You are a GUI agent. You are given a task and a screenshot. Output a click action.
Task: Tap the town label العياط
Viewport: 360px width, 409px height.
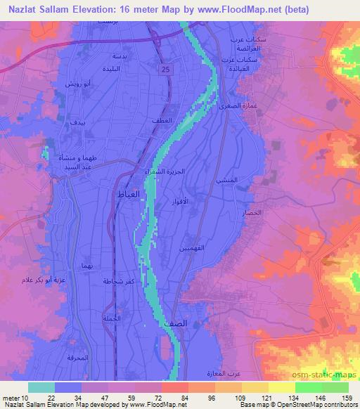pyautogui.click(x=131, y=193)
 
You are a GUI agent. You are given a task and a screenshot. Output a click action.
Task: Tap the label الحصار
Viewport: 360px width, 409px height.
pyautogui.click(x=255, y=212)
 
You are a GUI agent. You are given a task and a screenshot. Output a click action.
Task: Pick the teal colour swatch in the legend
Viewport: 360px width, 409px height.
pyautogui.click(x=41, y=387)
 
